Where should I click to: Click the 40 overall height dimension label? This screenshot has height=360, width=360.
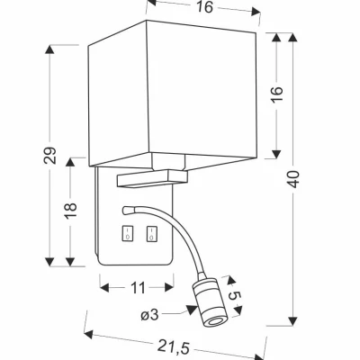point(294,179)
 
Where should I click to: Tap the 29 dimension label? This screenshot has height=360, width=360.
point(49,155)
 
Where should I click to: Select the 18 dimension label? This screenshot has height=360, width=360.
point(71,211)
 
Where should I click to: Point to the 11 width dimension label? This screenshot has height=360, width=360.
point(138,288)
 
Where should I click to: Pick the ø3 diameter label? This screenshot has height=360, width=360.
point(149,315)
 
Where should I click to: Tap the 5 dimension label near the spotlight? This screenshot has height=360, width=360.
point(235,296)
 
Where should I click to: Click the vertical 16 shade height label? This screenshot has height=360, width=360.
point(278,94)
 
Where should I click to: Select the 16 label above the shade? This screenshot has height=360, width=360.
point(204,7)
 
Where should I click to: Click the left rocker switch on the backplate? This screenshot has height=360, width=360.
point(128,234)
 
